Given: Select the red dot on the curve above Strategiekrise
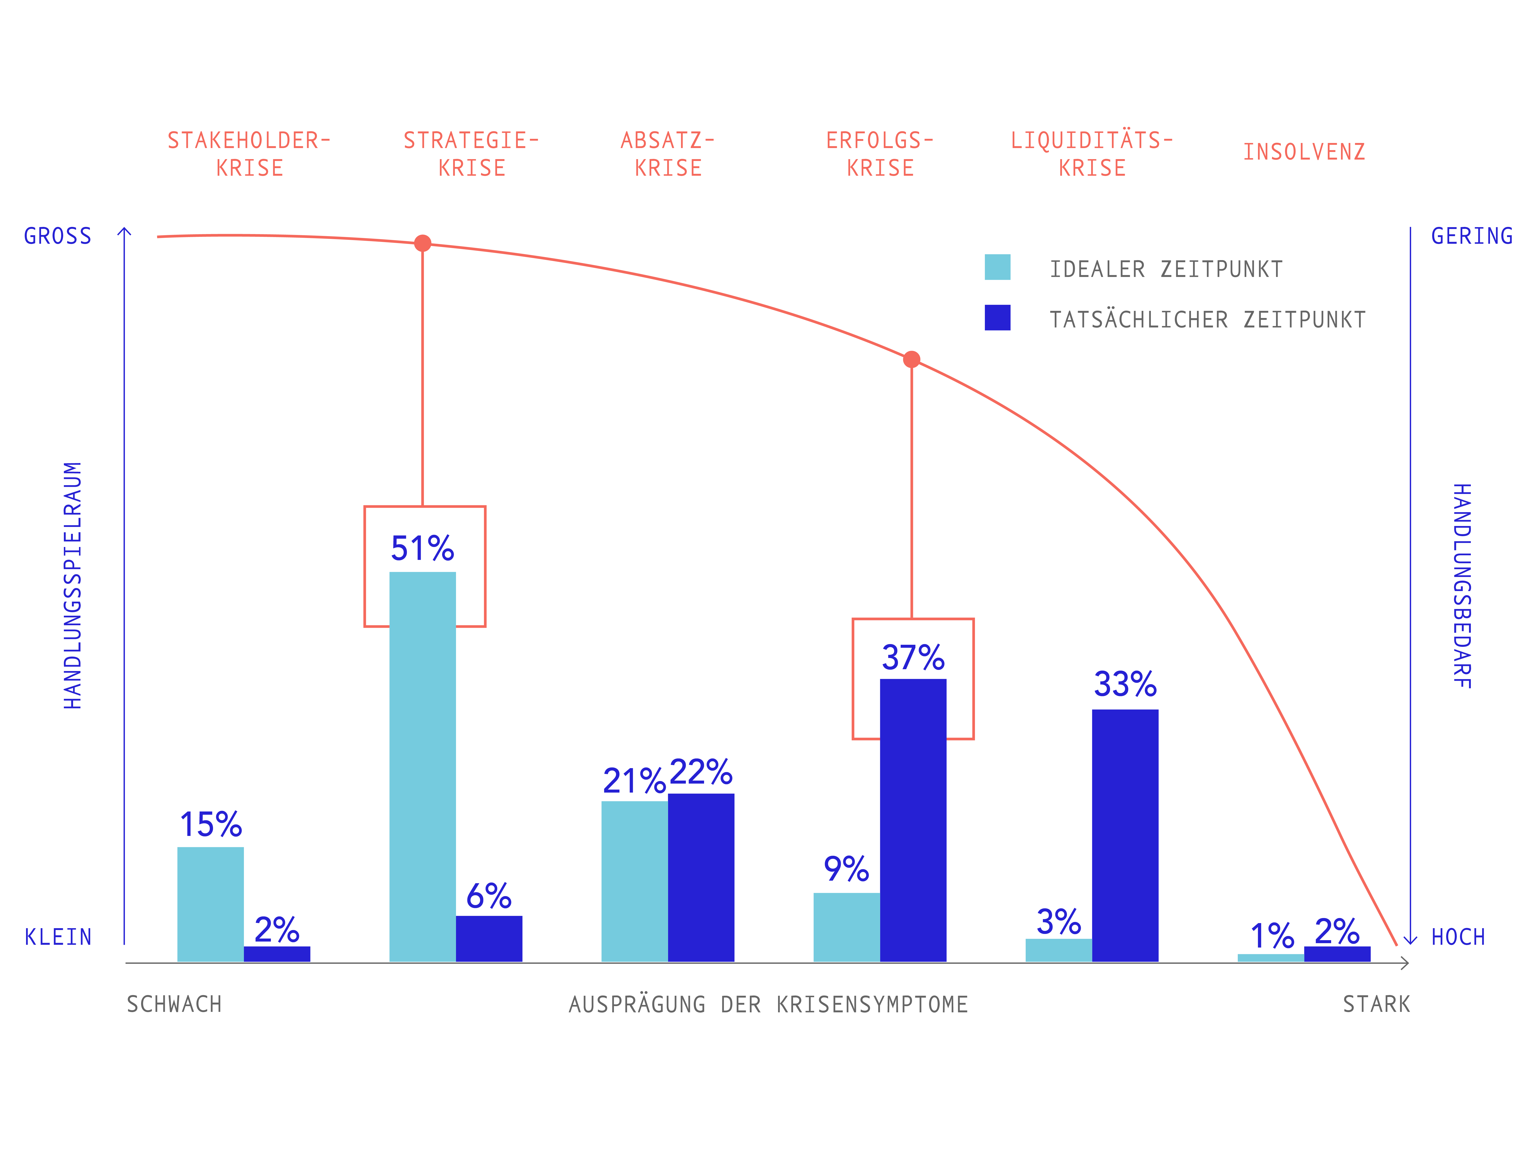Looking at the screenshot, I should coord(423,243).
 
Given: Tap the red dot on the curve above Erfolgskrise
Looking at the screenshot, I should coord(912,359).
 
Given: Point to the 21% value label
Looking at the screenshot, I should coord(634,781).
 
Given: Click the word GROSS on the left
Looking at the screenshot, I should coord(58,236).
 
